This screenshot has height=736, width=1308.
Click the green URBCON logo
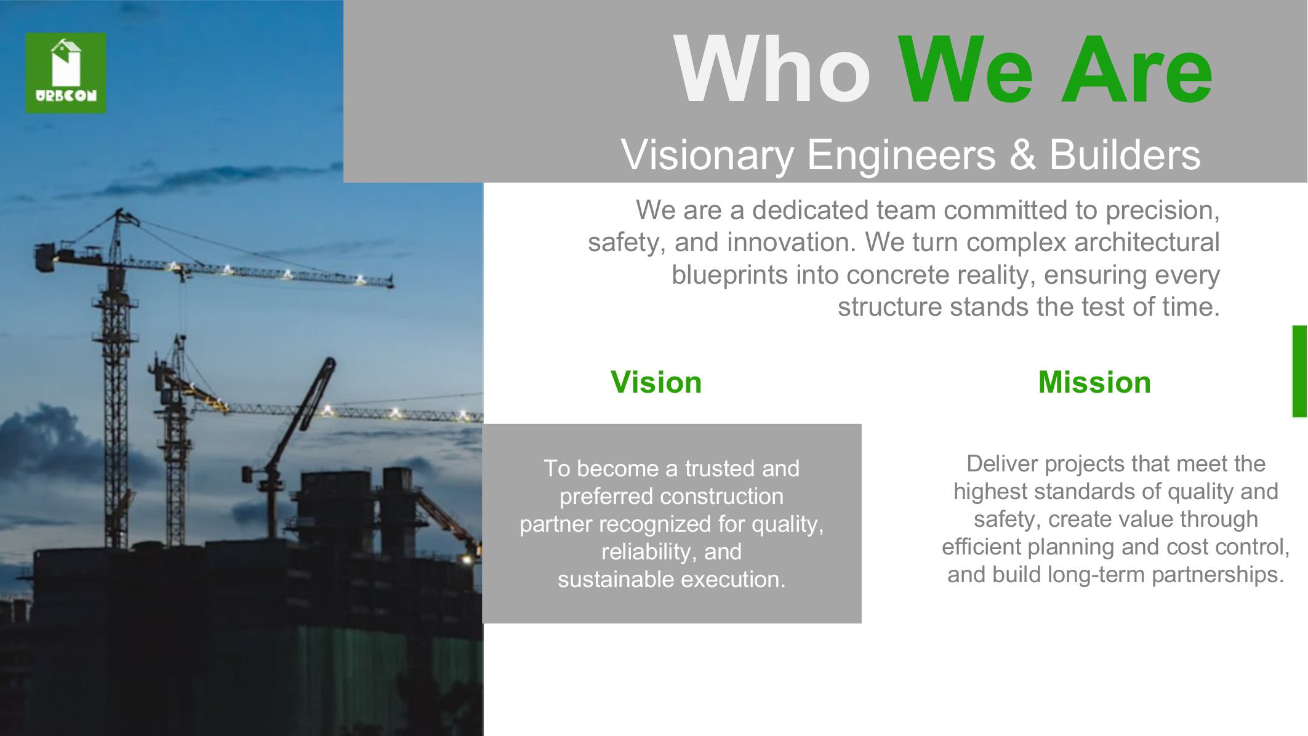tap(66, 73)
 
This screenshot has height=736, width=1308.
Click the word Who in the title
tap(772, 70)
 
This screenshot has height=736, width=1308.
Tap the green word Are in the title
tap(1136, 70)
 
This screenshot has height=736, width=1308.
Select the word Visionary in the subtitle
tap(707, 154)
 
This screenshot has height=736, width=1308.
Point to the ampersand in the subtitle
tap(1022, 154)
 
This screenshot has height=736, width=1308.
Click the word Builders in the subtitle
tap(1125, 154)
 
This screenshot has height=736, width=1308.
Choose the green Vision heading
tap(656, 382)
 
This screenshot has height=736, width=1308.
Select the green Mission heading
tap(1094, 382)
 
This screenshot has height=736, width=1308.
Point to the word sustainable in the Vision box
tap(616, 580)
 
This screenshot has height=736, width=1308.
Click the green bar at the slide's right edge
tap(1299, 372)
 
